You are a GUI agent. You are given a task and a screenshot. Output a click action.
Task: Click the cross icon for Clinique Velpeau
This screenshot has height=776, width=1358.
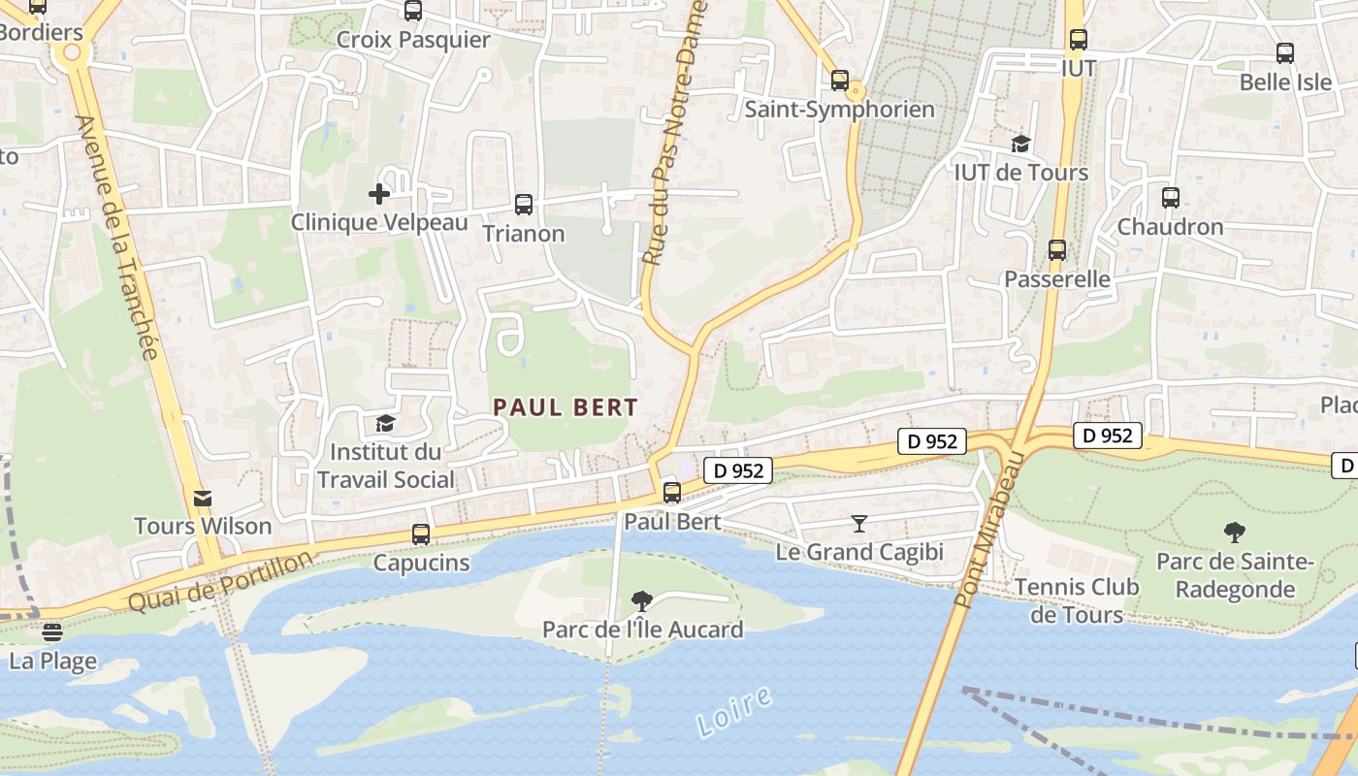click(379, 194)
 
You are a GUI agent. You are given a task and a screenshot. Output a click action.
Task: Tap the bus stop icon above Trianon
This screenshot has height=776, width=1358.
click(524, 205)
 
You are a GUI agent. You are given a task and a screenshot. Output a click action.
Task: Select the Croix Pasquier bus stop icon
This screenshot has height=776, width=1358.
click(413, 11)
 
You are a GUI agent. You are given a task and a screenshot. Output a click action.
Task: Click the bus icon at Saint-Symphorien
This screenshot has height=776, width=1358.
click(840, 81)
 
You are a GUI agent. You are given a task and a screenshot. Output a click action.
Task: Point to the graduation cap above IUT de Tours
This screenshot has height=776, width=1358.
click(1020, 145)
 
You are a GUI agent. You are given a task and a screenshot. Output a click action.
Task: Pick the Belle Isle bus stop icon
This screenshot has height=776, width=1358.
click(1285, 53)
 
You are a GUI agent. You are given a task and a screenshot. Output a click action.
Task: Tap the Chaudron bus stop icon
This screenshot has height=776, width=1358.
click(1171, 198)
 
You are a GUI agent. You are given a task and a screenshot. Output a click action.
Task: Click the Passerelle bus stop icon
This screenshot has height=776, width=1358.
click(1057, 250)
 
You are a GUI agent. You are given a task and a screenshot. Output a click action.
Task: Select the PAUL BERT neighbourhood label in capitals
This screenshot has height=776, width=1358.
click(566, 407)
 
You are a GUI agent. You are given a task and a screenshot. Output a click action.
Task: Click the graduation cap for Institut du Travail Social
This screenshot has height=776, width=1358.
click(385, 423)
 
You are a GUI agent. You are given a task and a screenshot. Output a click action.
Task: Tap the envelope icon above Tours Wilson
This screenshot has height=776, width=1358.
click(203, 498)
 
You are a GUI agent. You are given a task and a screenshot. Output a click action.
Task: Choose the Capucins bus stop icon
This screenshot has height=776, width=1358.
click(421, 533)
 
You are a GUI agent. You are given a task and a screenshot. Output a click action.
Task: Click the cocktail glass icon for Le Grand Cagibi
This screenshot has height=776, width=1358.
click(859, 524)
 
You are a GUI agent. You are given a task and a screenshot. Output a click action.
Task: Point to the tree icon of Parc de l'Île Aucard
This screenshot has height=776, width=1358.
click(642, 600)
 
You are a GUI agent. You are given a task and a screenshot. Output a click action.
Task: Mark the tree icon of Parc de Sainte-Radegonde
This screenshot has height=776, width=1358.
click(1235, 532)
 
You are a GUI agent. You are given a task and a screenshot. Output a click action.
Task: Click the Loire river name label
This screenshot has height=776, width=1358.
click(733, 711)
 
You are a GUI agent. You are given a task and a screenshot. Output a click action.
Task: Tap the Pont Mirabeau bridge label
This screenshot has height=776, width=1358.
click(988, 530)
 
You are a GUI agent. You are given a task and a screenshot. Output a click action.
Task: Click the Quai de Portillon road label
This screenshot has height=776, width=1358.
click(222, 582)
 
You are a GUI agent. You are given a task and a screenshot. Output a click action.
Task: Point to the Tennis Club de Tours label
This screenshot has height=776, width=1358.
click(1077, 600)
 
